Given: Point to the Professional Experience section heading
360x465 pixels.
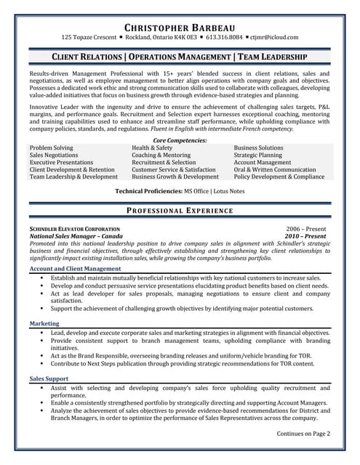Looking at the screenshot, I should click(180, 211).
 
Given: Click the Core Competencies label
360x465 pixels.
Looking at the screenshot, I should click(180, 140).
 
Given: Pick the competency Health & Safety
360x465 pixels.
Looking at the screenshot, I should click(152, 147).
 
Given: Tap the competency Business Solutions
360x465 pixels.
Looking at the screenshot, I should click(258, 147).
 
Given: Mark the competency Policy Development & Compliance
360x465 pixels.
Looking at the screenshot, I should click(279, 177).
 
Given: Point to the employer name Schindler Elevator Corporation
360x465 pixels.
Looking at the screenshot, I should click(75, 229).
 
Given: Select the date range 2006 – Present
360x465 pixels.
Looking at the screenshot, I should click(306, 229).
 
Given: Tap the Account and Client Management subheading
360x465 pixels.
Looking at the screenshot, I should click(75, 269).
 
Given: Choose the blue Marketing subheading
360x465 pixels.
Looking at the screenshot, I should click(45, 323).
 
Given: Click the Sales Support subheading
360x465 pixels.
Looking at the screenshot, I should click(49, 379).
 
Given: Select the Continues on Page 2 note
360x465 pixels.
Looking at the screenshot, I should click(303, 434).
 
